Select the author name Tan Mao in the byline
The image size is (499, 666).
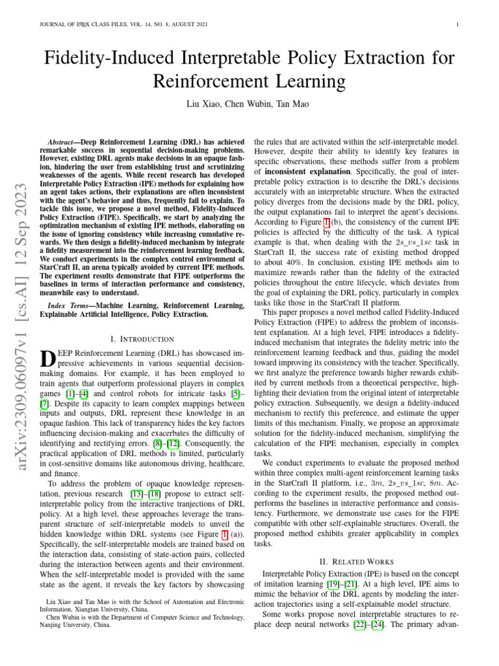294,104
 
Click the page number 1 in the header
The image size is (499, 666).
459,25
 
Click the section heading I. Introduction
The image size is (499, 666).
143,339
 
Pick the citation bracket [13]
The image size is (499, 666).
136,495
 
